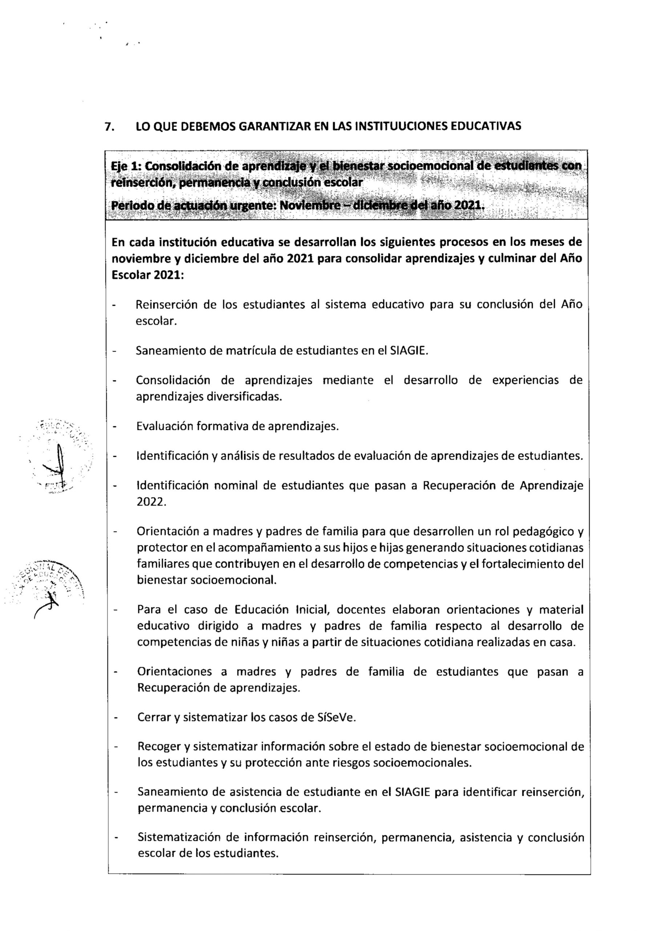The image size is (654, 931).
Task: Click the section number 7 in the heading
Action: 108,127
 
